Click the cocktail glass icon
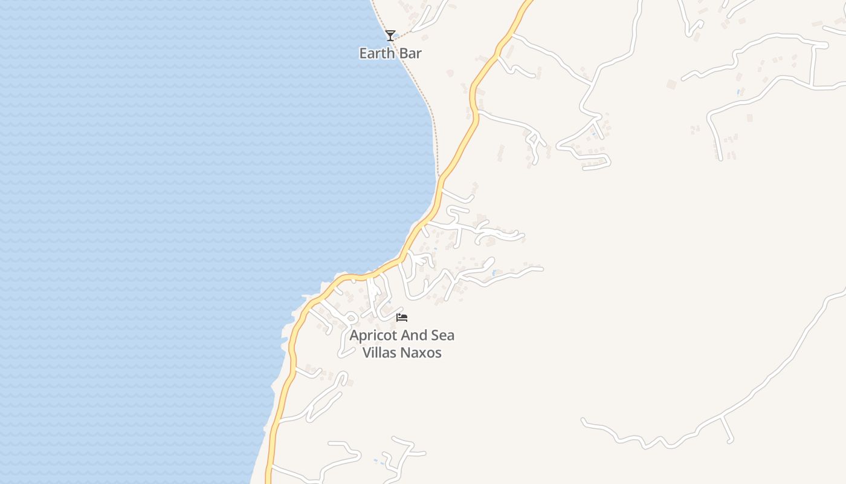[x=390, y=36]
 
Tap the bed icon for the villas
[x=402, y=317]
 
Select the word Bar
[x=410, y=53]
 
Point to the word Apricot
[x=372, y=336]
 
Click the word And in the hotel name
[x=413, y=335]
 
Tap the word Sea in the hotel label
[x=443, y=335]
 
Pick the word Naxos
[x=423, y=352]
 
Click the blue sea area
[x=151, y=212]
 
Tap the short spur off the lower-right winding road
[x=728, y=430]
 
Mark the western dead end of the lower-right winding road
[x=584, y=420]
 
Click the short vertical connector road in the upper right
[x=814, y=65]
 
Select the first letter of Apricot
[x=355, y=336]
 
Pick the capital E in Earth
[x=363, y=53]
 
